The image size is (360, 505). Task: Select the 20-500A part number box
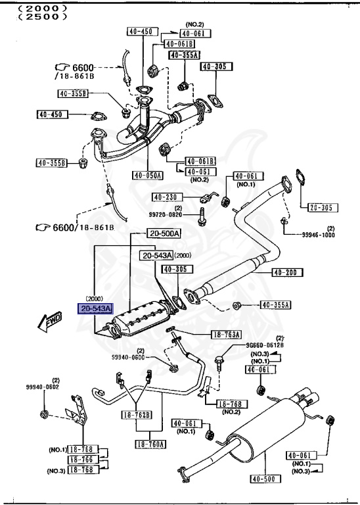pos(164,233)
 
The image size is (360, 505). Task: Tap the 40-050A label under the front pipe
pos(147,175)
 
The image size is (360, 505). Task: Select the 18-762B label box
pos(135,415)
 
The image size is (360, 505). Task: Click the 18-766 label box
pos(82,460)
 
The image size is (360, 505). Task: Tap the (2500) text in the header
pos(43,16)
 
